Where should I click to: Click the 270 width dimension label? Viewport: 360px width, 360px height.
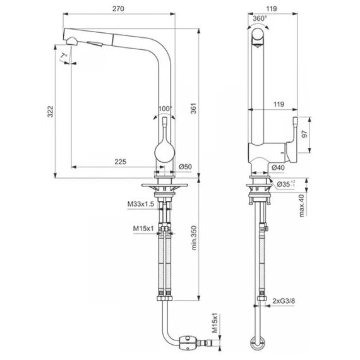tap(118, 9)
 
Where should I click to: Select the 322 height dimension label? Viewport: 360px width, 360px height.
tap(51, 112)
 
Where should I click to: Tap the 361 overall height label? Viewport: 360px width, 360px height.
tap(194, 109)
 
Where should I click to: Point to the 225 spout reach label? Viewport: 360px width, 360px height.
tap(120, 162)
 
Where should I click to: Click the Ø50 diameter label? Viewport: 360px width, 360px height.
tap(185, 167)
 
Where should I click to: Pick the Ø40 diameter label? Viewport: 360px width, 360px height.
tap(278, 167)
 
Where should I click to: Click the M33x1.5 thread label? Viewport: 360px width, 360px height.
tap(141, 204)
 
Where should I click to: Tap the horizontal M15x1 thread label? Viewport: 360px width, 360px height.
tap(143, 229)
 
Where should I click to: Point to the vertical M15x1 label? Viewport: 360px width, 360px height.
tap(215, 323)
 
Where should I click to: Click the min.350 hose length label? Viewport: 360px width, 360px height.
tap(194, 237)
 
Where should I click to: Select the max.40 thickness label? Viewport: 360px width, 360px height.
tap(302, 205)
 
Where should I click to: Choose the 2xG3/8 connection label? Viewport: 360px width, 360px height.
tap(284, 301)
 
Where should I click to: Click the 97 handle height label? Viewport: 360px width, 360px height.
tap(304, 134)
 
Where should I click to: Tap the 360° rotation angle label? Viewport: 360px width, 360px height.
tap(260, 18)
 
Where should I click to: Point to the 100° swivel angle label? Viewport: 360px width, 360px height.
tap(165, 109)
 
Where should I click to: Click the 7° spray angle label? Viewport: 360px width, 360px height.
tap(64, 56)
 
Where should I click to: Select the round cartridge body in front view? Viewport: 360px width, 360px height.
tap(165, 153)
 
